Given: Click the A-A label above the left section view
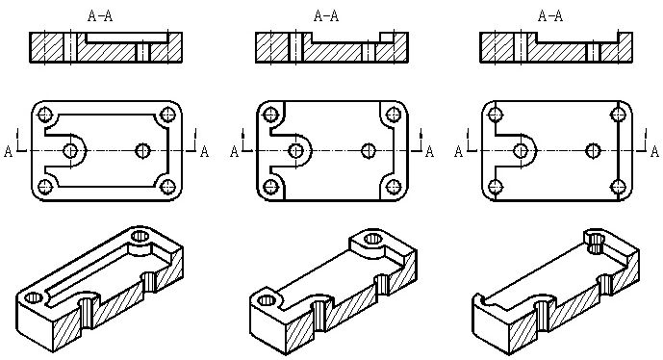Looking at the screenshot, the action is coord(100,16).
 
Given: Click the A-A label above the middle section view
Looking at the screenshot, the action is coord(326,16).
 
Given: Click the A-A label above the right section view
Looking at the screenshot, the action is coord(550,16).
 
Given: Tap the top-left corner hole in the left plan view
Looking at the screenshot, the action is coord(45,115).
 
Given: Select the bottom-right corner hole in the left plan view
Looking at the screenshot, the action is coord(167,187).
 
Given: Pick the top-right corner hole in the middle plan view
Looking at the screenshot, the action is coord(394,115).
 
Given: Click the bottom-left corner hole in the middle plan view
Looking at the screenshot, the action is coord(270,187).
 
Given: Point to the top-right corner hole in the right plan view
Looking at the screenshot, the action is coord(618,115).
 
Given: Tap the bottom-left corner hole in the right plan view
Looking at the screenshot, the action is coord(496,187).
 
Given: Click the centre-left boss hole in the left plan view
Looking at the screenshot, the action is coord(70,150).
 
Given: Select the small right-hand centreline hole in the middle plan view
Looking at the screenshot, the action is coord(369,150).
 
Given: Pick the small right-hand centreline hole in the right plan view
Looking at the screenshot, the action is coord(593,150).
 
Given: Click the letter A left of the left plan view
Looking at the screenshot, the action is coord(8,151).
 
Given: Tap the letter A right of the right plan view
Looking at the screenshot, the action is coord(654,151).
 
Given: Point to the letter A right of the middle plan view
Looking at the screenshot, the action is coord(429,151).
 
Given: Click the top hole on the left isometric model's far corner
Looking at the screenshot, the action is coord(140,236).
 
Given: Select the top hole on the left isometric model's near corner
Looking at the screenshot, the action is coord(34,297).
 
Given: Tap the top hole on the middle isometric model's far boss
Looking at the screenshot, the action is coord(372,239).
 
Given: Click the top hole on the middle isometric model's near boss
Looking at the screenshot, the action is coord(267,300).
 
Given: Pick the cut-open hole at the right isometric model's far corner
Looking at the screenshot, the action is coord(595,242).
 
